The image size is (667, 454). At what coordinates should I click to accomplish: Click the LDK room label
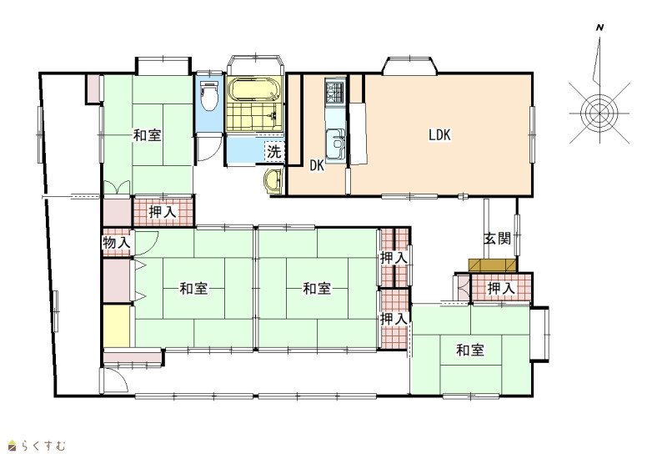click(x=439, y=135)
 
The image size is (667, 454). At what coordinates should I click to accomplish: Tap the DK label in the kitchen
click(x=317, y=166)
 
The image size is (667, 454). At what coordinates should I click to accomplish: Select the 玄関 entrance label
click(x=497, y=239)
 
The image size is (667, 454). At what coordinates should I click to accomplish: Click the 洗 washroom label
click(x=274, y=152)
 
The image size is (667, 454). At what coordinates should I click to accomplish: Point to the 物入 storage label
click(x=116, y=243)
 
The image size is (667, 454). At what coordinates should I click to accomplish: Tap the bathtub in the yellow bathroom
click(x=254, y=90)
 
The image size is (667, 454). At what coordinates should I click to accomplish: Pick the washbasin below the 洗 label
click(x=274, y=180)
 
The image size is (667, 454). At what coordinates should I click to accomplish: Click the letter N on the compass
click(x=600, y=28)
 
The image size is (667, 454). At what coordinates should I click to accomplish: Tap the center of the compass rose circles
click(x=599, y=113)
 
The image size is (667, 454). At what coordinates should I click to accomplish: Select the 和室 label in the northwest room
click(x=148, y=135)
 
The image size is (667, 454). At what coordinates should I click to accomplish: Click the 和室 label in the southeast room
click(x=470, y=351)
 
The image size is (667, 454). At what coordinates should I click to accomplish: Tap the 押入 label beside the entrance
click(x=501, y=288)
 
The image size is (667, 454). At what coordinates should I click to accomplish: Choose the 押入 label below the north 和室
click(x=163, y=212)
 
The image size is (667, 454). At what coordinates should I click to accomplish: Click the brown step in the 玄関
click(x=492, y=265)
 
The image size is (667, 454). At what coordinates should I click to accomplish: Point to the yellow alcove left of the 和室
click(x=117, y=326)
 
